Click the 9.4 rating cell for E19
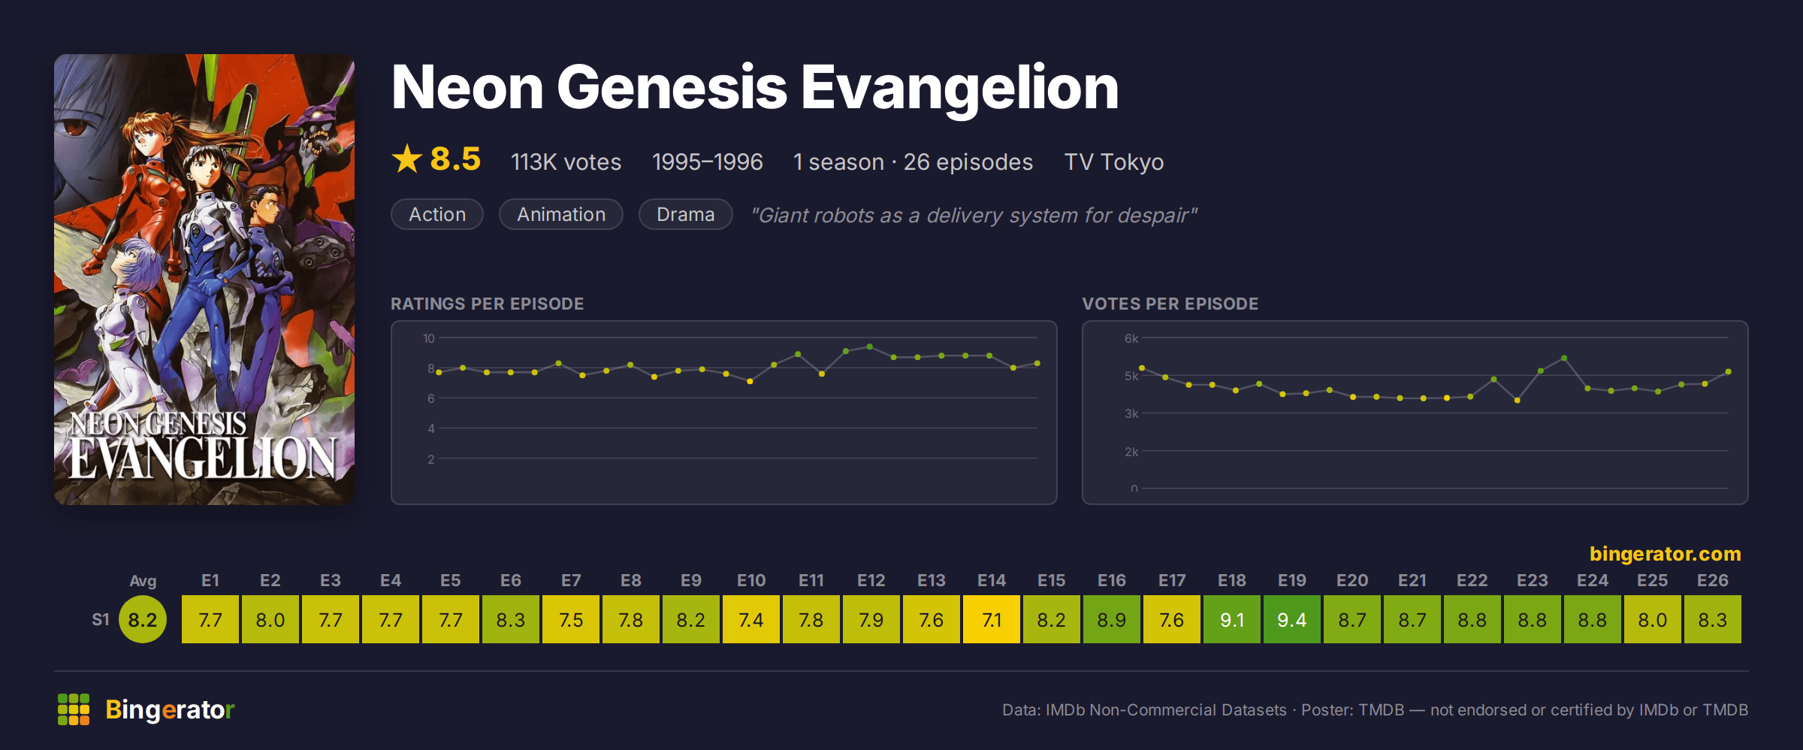pos(1291,619)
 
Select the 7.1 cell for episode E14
pos(991,619)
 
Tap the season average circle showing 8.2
pos(143,619)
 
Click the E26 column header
pos(1712,580)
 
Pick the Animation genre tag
pos(561,214)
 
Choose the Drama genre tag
pos(685,214)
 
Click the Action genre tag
pos(437,214)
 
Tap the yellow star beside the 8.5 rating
pos(407,159)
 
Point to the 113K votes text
pos(566,162)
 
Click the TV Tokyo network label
pos(1113,162)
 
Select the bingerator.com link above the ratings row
pos(1665,554)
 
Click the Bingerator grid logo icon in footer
pos(74,709)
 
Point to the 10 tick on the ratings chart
pos(428,338)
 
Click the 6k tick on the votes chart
pos(1131,338)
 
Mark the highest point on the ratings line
pos(869,346)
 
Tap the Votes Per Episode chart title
pos(1170,304)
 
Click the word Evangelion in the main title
pos(960,88)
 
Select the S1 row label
pos(101,619)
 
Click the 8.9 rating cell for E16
pos(1111,619)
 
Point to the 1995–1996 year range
pos(707,162)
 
